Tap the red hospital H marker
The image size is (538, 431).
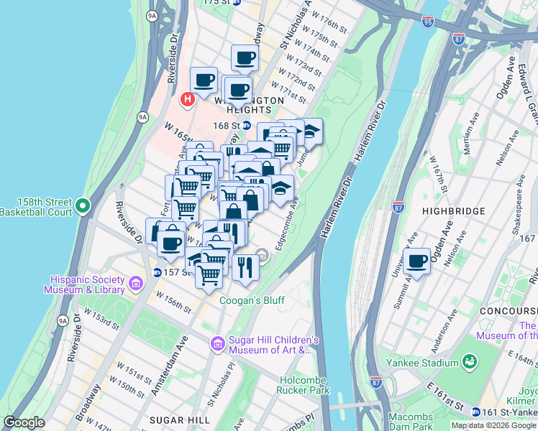click(187, 98)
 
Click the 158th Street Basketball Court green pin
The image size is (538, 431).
click(83, 206)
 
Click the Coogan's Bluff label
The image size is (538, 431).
click(252, 300)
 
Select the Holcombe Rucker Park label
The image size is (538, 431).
click(303, 385)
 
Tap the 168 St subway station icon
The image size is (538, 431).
click(246, 125)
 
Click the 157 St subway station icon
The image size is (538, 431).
click(158, 272)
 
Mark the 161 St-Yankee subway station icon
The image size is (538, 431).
click(476, 412)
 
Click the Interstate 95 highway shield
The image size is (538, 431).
click(428, 22)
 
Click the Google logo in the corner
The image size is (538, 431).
click(24, 423)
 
